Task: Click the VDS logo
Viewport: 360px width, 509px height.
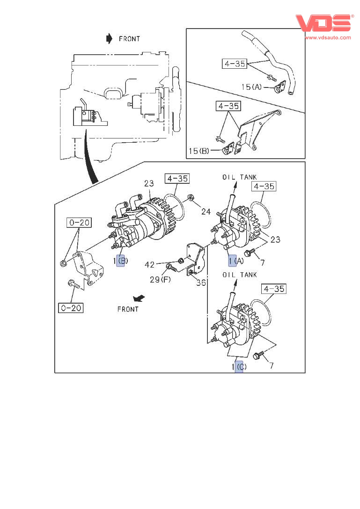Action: tap(323, 23)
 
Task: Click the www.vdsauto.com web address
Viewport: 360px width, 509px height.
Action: tap(328, 37)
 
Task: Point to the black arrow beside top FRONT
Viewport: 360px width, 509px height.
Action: tap(109, 38)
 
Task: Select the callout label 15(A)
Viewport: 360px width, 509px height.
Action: tap(252, 87)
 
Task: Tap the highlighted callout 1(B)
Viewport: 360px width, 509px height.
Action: tap(120, 261)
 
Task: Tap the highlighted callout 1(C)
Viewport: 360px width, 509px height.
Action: tap(239, 367)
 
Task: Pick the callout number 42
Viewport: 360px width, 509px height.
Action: tap(150, 265)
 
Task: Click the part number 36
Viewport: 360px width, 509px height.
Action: tap(201, 283)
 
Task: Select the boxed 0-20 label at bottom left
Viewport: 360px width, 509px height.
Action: tap(71, 307)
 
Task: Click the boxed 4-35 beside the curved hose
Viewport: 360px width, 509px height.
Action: tap(235, 64)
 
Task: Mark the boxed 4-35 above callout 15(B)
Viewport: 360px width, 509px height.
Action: tap(228, 106)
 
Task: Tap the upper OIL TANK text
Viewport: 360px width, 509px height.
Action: tap(240, 177)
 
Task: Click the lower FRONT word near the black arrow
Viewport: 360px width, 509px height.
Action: tap(128, 309)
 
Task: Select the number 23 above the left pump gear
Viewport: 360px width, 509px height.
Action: tap(149, 184)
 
